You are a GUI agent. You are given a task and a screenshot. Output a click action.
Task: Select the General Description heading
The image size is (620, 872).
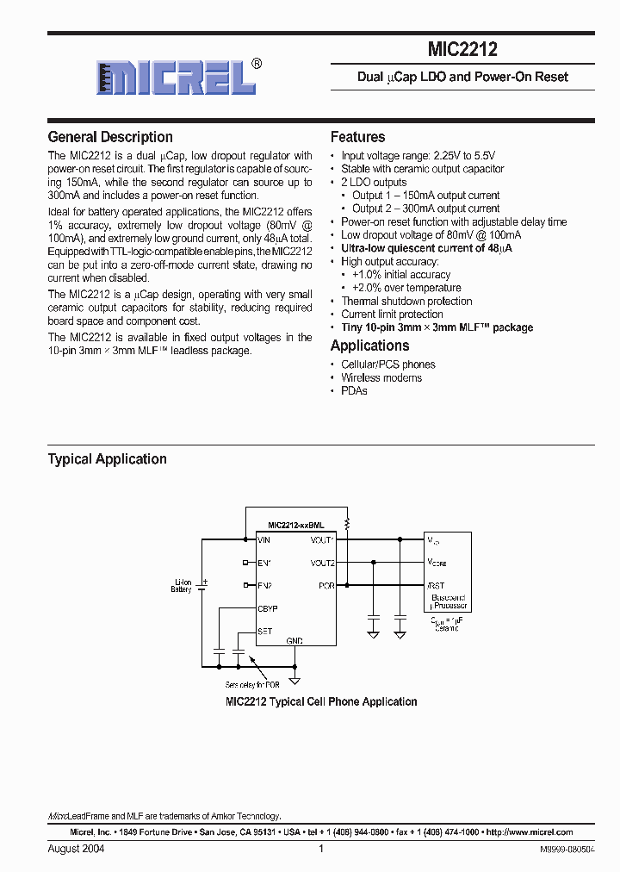pyautogui.click(x=110, y=137)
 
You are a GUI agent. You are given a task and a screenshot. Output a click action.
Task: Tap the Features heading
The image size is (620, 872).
pyautogui.click(x=357, y=137)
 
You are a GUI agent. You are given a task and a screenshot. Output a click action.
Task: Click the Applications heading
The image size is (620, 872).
pyautogui.click(x=369, y=346)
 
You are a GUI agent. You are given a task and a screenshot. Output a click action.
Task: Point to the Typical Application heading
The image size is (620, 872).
pyautogui.click(x=107, y=459)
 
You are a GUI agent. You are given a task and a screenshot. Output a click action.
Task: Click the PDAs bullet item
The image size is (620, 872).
pyautogui.click(x=354, y=390)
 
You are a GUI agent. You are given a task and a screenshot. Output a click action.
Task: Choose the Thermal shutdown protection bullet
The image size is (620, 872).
pyautogui.click(x=406, y=301)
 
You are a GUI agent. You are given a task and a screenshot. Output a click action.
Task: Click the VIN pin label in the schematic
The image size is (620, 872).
pyautogui.click(x=264, y=540)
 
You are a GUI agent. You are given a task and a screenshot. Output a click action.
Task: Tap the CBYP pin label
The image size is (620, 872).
pyautogui.click(x=268, y=608)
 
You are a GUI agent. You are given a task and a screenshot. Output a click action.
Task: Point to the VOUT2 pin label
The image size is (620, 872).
pyautogui.click(x=323, y=563)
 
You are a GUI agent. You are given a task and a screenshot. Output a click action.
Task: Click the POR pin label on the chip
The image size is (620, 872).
pyautogui.click(x=326, y=585)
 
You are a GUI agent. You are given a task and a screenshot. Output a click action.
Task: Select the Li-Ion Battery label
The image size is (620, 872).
pyautogui.click(x=181, y=587)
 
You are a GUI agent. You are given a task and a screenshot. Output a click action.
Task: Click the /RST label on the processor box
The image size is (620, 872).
pyautogui.click(x=436, y=585)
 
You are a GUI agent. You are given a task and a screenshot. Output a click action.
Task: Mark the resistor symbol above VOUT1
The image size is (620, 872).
pyautogui.click(x=347, y=523)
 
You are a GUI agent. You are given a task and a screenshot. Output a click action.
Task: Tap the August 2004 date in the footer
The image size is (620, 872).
pyautogui.click(x=76, y=849)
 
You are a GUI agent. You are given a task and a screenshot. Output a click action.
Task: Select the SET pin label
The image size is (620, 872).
pyautogui.click(x=265, y=631)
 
